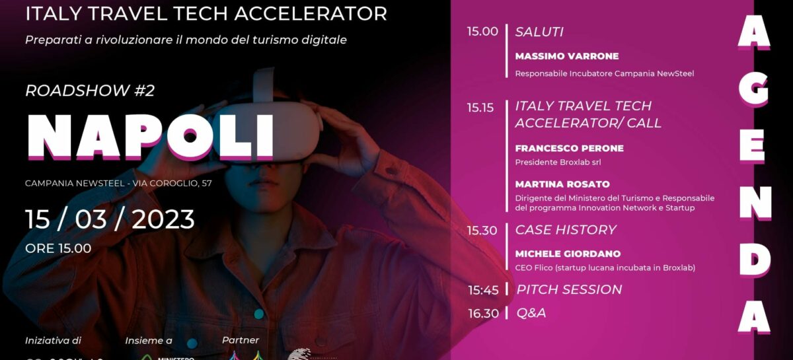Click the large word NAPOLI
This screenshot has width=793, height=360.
click(150, 137)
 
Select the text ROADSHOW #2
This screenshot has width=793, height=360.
click(90, 90)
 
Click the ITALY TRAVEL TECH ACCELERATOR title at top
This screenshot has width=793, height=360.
click(206, 14)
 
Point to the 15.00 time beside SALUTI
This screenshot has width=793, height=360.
click(482, 32)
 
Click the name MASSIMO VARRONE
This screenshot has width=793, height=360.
click(567, 56)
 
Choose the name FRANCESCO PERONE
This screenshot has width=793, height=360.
click(569, 148)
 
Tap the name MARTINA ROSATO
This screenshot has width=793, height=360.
click(562, 184)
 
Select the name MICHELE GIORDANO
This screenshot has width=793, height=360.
click(568, 254)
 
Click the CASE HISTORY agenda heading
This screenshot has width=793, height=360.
click(565, 230)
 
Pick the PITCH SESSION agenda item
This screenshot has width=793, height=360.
click(568, 289)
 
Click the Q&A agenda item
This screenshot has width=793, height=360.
click(531, 313)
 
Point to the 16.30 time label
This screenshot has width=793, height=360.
click(482, 313)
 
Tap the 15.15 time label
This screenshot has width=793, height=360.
click(480, 108)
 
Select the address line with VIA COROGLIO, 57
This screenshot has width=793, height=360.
click(118, 183)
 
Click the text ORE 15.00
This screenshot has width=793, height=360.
click(58, 248)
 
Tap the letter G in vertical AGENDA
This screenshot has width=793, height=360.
click(753, 89)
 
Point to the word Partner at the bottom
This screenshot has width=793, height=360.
click(241, 340)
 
